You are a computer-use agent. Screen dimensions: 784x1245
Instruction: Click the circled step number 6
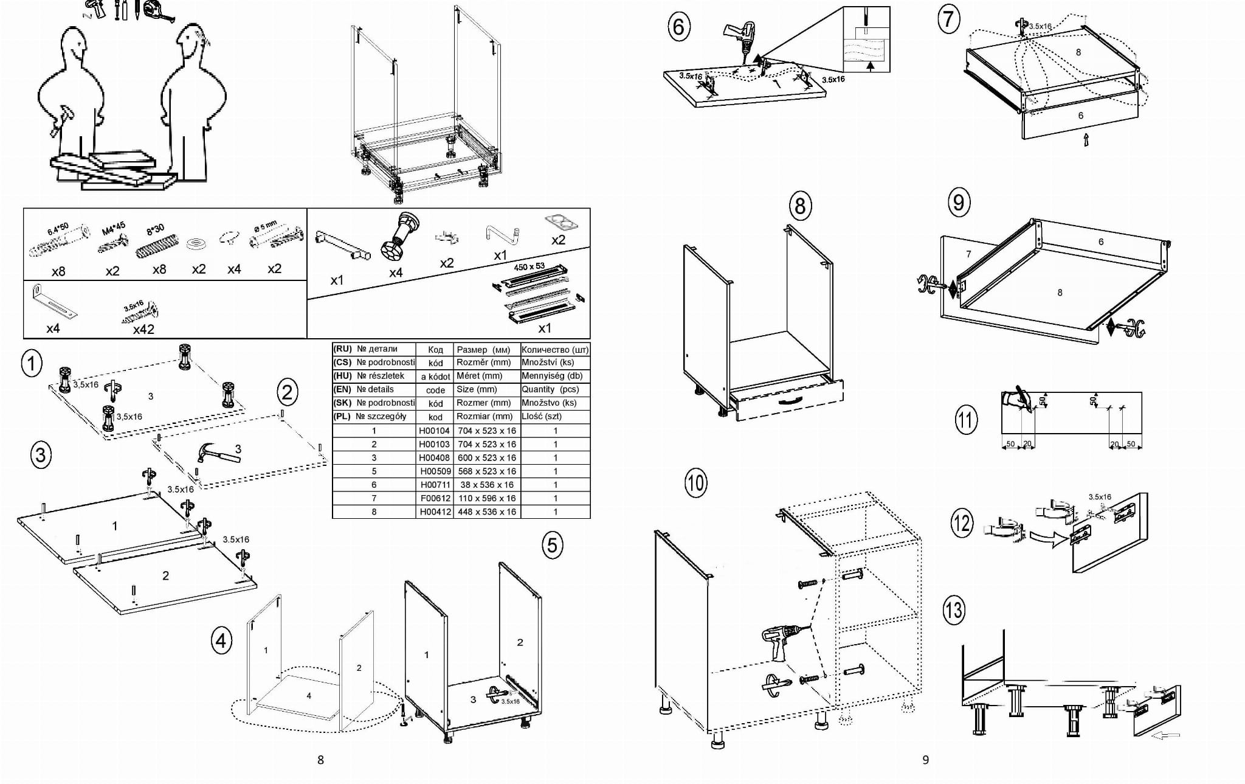pyautogui.click(x=678, y=27)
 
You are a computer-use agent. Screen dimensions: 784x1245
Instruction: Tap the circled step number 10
pyautogui.click(x=695, y=483)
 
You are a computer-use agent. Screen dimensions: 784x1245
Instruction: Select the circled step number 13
pyautogui.click(x=953, y=609)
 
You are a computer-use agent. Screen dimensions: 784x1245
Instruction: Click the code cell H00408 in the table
pyautogui.click(x=434, y=458)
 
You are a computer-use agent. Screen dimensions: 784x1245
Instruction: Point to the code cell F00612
pyautogui.click(x=435, y=498)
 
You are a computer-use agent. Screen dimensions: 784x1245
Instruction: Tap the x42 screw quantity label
pyautogui.click(x=143, y=329)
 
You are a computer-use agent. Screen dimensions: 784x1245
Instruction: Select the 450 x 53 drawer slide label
pyautogui.click(x=529, y=266)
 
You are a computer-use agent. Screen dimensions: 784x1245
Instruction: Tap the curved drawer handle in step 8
pyautogui.click(x=788, y=401)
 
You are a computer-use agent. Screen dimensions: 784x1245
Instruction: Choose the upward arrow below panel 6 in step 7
pyautogui.click(x=1086, y=140)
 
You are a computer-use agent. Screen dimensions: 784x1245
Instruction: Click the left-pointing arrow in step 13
pyautogui.click(x=1165, y=735)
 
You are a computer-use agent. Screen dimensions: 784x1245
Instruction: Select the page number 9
pyautogui.click(x=925, y=760)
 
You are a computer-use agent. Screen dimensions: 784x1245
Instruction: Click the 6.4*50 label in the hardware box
pyautogui.click(x=59, y=230)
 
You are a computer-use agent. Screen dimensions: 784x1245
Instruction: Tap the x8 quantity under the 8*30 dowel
pyautogui.click(x=159, y=269)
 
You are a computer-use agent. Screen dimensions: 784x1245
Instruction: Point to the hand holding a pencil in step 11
pyautogui.click(x=1016, y=399)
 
